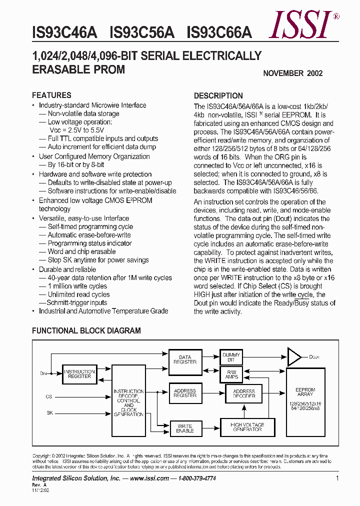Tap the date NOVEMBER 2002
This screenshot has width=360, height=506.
[292, 73]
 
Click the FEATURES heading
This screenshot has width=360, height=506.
[51, 95]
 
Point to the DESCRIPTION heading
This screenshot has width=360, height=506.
[218, 95]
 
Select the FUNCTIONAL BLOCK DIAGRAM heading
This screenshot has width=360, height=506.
[86, 330]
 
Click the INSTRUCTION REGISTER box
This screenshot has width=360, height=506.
[79, 374]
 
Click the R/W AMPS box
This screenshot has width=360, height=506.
[231, 374]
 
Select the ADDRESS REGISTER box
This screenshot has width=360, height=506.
[185, 393]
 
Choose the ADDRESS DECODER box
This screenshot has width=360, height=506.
[244, 393]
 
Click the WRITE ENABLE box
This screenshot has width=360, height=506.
[184, 428]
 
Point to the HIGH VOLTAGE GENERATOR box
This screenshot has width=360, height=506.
[247, 427]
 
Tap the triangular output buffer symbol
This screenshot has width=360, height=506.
[294, 357]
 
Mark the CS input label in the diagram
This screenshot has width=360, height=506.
[49, 396]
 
